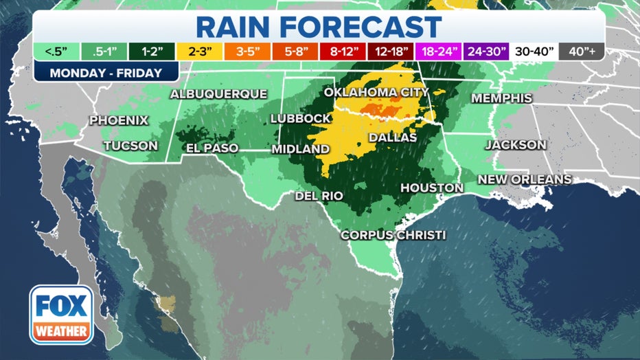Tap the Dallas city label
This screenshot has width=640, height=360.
[393, 137]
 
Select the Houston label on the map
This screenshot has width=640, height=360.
[432, 188]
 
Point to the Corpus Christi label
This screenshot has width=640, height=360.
[393, 235]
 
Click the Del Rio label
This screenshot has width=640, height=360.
[319, 196]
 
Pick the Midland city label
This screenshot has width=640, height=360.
[300, 149]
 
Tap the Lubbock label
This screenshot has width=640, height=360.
[301, 118]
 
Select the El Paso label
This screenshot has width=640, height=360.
[212, 148]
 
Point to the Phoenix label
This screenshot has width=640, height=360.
[119, 120]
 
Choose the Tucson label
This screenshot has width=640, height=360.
[130, 146]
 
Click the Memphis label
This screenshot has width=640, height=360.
[501, 98]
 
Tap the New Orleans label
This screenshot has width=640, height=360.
[525, 179]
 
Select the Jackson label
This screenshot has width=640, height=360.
[516, 145]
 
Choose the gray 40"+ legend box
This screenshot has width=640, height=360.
[582, 51]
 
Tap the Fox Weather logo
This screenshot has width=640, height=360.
[61, 315]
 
